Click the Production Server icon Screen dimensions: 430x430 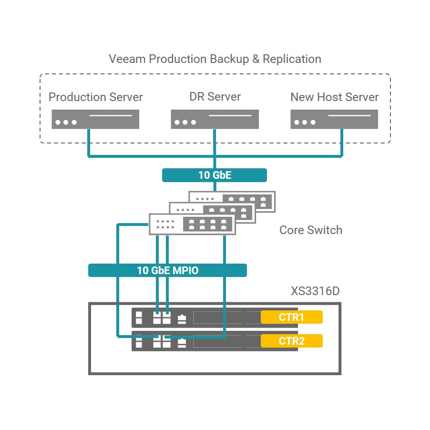click(x=95, y=119)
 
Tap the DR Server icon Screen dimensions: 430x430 click(x=215, y=119)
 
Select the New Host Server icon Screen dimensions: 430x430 click(x=334, y=119)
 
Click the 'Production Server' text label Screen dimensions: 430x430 click(x=95, y=97)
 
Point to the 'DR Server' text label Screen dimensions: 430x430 click(x=215, y=97)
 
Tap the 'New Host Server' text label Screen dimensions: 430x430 click(x=334, y=97)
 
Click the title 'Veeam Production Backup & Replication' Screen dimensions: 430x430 click(x=215, y=59)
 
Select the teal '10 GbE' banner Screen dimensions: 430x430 click(x=215, y=175)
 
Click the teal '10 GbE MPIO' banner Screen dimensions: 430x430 click(x=167, y=270)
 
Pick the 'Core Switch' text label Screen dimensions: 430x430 click(x=311, y=230)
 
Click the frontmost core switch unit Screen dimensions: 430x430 click(x=192, y=224)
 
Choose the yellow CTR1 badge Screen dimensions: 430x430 click(x=291, y=317)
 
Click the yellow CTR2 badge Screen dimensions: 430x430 click(x=291, y=341)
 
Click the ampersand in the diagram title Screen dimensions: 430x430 click(x=256, y=60)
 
